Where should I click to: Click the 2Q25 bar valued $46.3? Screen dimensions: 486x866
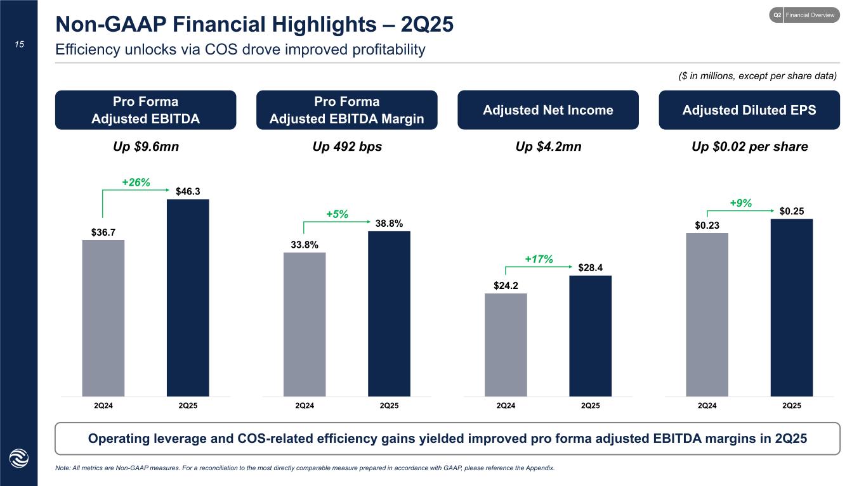[188, 298]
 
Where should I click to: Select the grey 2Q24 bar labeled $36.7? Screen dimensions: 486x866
[103, 318]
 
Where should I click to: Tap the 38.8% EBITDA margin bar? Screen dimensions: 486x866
[389, 314]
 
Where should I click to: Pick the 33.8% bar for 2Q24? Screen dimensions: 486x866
[305, 324]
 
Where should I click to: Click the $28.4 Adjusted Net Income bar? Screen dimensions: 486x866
[590, 336]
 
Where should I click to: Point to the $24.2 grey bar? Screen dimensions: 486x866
[506, 345]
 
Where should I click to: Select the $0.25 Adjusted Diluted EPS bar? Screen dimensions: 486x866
[791, 307]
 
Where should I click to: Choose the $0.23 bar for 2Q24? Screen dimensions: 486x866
[707, 315]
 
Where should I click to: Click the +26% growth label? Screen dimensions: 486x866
[136, 182]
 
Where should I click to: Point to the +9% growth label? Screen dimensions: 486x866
[740, 203]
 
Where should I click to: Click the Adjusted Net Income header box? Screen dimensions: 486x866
[548, 110]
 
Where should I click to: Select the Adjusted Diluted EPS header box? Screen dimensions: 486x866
[749, 110]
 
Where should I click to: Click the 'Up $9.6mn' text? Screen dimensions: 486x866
[145, 147]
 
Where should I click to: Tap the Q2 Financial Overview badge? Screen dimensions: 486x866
[804, 15]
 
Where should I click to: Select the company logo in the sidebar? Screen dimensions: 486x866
[18, 459]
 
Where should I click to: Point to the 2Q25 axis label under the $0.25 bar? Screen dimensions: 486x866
[791, 406]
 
